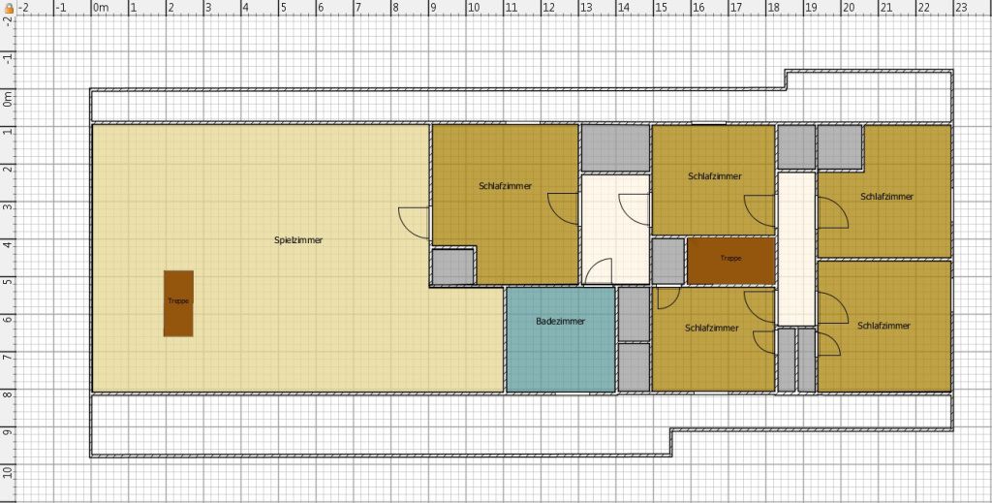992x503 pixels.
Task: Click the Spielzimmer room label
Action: (x=298, y=240)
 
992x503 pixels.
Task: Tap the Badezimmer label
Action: (x=561, y=322)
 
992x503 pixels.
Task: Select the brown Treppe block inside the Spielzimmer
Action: (x=178, y=303)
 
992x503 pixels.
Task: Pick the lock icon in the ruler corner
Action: (x=9, y=8)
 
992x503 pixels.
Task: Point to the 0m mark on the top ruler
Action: (x=100, y=8)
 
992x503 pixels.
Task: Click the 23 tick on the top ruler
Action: (x=960, y=8)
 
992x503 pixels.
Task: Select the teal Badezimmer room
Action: (x=561, y=340)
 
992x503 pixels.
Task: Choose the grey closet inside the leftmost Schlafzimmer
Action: (x=453, y=267)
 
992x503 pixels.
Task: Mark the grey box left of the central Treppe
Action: (x=668, y=261)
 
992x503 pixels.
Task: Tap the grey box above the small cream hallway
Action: (x=615, y=148)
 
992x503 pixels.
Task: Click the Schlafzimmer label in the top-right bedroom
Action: (x=886, y=197)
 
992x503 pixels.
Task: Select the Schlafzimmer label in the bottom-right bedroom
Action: (x=883, y=326)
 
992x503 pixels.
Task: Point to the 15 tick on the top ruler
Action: (x=661, y=8)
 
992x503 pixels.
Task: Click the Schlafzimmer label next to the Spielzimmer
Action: (x=506, y=186)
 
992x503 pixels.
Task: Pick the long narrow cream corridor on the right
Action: (x=796, y=249)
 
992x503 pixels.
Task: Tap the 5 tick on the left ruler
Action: (x=7, y=280)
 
